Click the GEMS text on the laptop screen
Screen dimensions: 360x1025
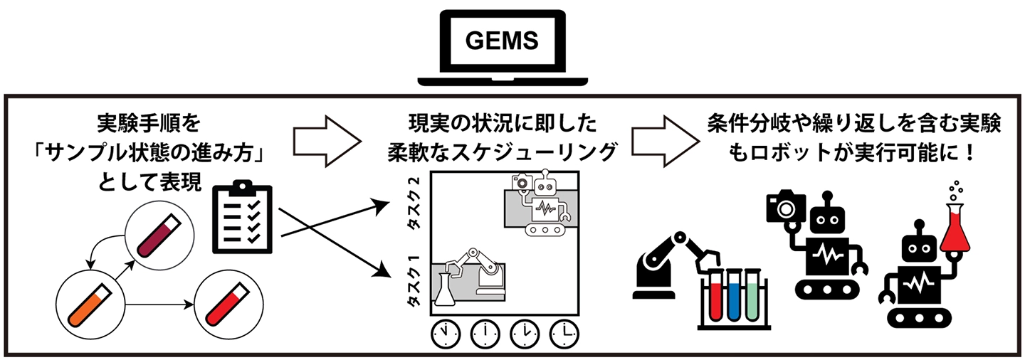(502, 40)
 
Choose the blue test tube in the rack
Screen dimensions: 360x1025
(733, 297)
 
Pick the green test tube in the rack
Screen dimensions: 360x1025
(753, 297)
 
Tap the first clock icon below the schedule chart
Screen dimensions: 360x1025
(445, 332)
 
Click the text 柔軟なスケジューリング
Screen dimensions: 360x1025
(500, 153)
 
